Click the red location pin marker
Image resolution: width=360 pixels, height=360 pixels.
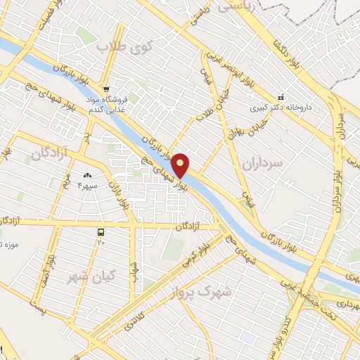tap(181, 165)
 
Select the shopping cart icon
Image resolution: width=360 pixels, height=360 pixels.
tap(105, 89)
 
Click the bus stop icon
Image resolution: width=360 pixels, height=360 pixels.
tap(101, 231)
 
